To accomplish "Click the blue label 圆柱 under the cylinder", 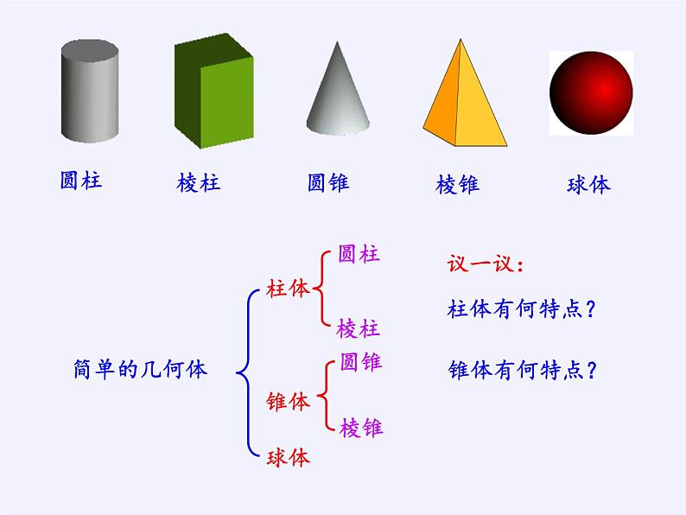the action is pos(81,181).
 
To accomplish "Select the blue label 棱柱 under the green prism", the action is pos(199,183).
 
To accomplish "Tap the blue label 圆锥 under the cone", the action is pos(329,182).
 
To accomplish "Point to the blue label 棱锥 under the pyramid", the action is pos(458,184).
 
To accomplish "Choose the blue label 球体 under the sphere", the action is pos(588,184).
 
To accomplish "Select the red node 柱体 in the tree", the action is pos(288,290).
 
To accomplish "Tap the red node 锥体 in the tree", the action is pos(289,402).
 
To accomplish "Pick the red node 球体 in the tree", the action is pos(289,458).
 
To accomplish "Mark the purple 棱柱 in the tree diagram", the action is pos(359,328).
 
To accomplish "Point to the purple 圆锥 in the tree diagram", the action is pos(361,362).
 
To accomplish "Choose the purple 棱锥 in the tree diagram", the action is pos(362,427).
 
